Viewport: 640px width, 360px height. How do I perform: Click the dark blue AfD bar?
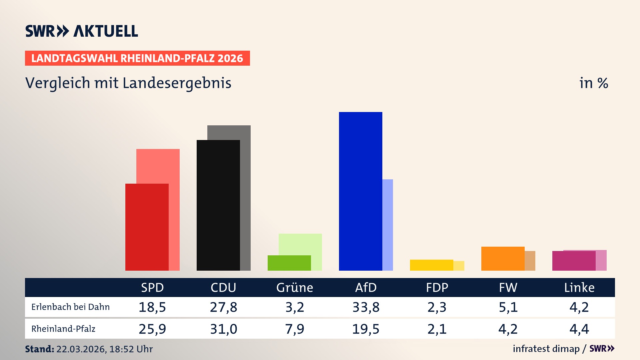(x=360, y=191)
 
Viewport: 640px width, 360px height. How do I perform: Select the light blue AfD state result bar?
(x=388, y=225)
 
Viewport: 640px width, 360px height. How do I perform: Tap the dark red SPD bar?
(x=147, y=227)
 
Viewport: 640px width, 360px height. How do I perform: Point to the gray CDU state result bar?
(x=245, y=200)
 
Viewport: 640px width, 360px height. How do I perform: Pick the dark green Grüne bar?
(x=289, y=263)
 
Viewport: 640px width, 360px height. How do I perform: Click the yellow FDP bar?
(x=431, y=265)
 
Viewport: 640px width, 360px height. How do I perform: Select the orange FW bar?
(x=503, y=259)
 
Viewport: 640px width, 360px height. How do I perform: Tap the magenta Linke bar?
(x=574, y=261)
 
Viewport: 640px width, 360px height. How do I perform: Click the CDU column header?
(x=223, y=288)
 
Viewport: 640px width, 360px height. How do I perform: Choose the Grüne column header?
(x=295, y=288)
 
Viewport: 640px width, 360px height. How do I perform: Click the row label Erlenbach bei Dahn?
(x=70, y=307)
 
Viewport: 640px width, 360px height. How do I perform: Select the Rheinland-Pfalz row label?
(x=63, y=329)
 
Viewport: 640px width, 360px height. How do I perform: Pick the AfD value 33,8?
(x=366, y=307)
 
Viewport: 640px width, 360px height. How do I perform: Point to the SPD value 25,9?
(x=152, y=329)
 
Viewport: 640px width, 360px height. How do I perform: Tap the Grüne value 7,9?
(x=295, y=329)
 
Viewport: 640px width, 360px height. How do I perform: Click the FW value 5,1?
(x=508, y=307)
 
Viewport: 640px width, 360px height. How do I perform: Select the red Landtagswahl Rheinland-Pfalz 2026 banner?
(x=137, y=58)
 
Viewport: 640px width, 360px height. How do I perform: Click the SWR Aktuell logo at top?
(x=82, y=31)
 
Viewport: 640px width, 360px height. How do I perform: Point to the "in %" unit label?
(x=594, y=83)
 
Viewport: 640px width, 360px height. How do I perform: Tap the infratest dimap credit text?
(x=546, y=349)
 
